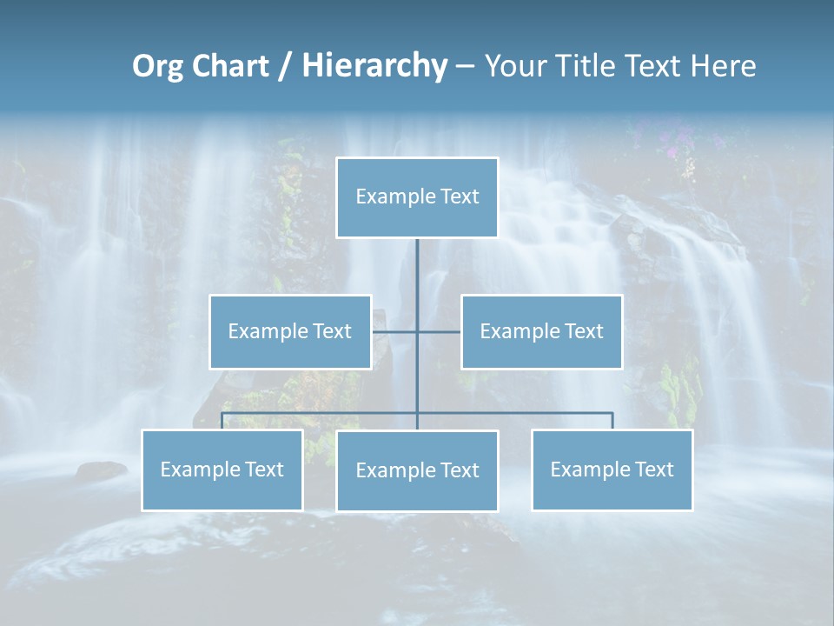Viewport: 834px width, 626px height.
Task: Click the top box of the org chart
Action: (417, 197)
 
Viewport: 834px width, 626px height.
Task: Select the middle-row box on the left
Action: (290, 331)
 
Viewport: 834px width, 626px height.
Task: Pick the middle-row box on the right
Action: (541, 331)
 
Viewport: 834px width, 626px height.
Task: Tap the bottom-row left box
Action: (222, 469)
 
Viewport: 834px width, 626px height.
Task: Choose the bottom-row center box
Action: (417, 470)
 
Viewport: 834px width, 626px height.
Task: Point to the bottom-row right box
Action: (612, 469)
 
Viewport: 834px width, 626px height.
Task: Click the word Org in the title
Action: (157, 67)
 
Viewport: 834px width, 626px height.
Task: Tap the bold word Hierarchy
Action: (374, 66)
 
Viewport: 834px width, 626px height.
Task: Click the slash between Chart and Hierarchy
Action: (285, 67)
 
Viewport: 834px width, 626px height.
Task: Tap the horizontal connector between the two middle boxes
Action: (417, 331)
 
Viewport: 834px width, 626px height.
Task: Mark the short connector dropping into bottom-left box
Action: (222, 421)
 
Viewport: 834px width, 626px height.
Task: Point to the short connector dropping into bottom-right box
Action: (612, 421)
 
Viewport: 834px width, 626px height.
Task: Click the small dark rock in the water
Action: (101, 470)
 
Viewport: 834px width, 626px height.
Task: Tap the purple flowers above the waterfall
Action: (673, 148)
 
